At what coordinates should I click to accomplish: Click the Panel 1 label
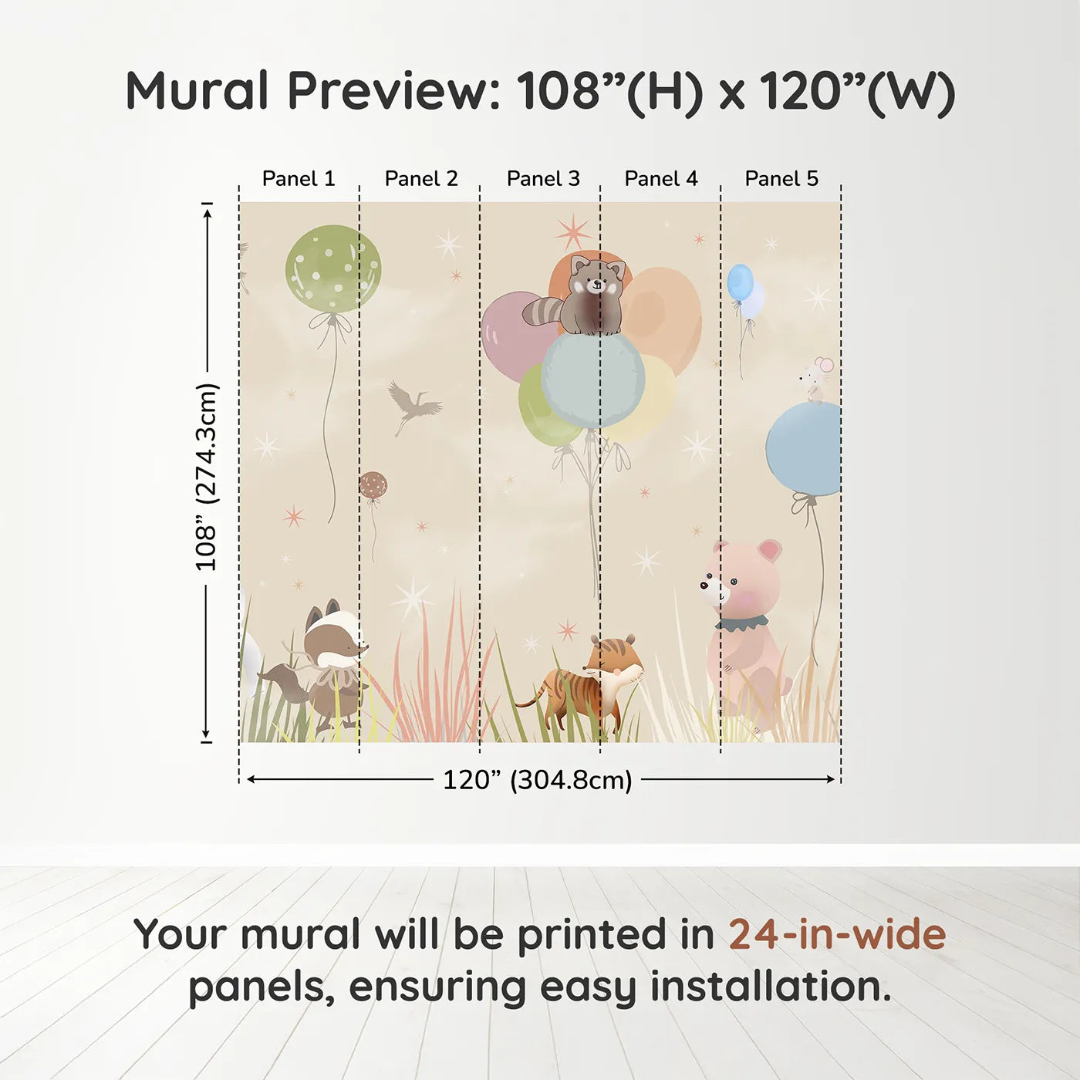pos(299,179)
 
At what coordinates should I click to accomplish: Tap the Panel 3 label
pos(543,179)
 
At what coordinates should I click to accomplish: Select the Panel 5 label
pos(781,179)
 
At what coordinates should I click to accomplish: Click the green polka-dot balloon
pos(332,268)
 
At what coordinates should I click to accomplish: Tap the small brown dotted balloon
pos(373,485)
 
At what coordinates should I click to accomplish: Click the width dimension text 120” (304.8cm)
pos(537,780)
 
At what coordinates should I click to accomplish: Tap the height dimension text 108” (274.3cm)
pos(207,477)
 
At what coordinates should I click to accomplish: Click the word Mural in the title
pos(197,91)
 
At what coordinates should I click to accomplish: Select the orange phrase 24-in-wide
pos(837,935)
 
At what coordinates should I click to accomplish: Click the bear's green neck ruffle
pos(741,623)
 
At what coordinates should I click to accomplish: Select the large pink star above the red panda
pos(572,231)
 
